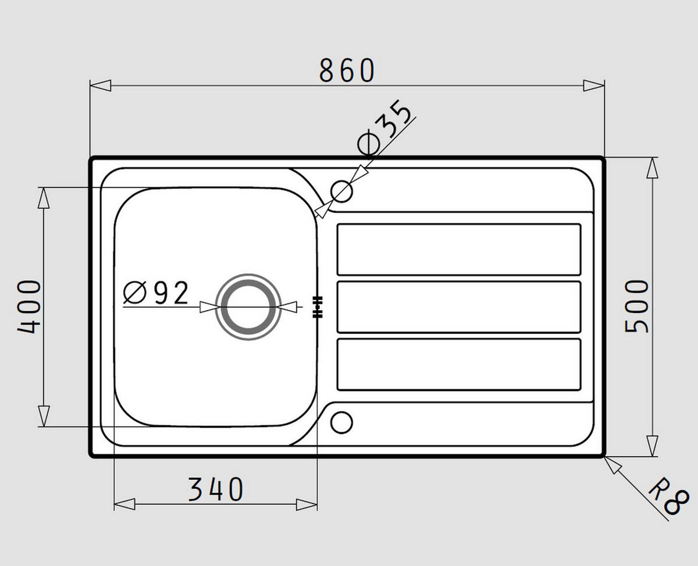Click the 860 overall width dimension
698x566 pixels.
click(347, 70)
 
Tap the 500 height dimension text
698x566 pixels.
click(637, 307)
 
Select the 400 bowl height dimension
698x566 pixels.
click(29, 307)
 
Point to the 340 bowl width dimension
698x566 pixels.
click(216, 490)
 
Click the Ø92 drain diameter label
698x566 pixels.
click(156, 293)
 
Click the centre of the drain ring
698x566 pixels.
click(248, 307)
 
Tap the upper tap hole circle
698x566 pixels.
click(341, 191)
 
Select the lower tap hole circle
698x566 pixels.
click(341, 423)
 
